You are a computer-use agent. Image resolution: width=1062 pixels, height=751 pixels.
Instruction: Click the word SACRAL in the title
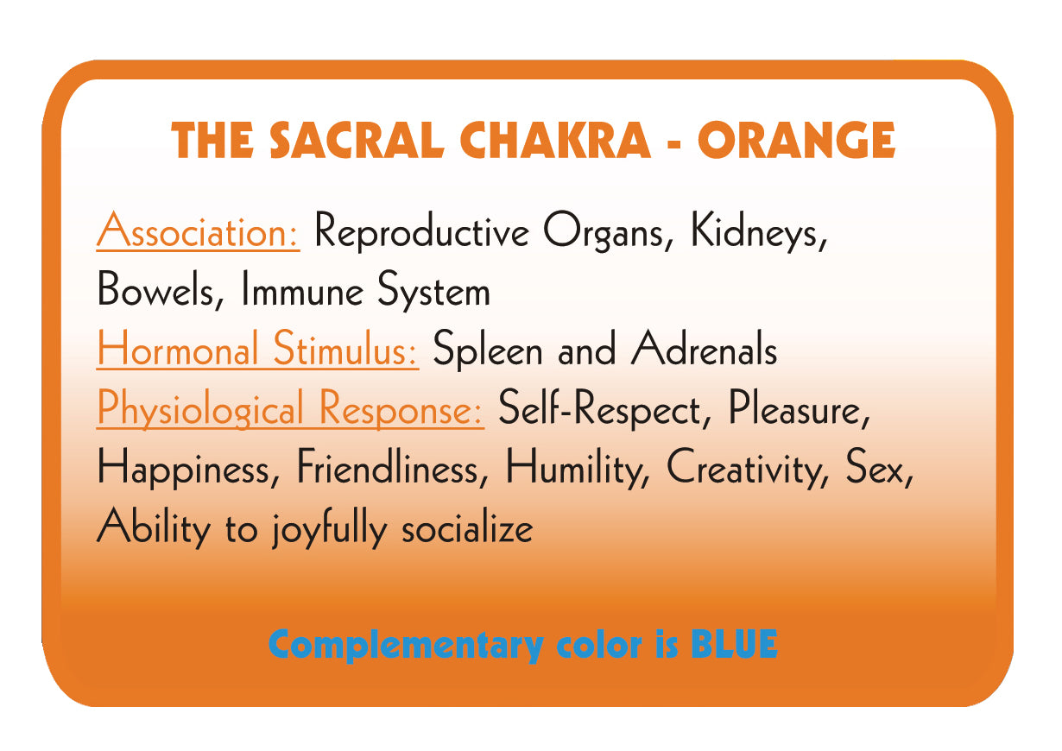[x=357, y=140]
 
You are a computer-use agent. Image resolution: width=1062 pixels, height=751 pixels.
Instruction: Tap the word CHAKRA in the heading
[x=554, y=140]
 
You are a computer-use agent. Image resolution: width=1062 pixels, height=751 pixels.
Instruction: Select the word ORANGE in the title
[x=796, y=140]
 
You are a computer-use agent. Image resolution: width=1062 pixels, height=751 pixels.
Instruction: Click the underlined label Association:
[x=198, y=230]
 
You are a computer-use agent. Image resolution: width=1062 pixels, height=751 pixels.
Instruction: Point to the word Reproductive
[x=422, y=231]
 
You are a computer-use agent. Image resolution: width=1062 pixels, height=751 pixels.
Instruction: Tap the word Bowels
[x=161, y=290]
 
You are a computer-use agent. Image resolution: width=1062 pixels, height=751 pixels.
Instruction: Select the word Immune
[x=302, y=289]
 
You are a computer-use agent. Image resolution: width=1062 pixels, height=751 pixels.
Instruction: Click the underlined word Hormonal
[x=178, y=349]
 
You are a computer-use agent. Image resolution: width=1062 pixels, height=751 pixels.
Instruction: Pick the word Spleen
[x=487, y=350]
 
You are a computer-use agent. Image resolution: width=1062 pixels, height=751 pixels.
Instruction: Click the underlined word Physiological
[x=200, y=408]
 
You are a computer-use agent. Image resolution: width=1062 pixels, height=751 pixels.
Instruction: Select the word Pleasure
[x=799, y=407]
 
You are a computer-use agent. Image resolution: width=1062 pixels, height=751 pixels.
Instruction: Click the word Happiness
[x=189, y=469]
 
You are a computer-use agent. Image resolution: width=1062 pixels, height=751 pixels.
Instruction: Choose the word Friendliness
[x=393, y=467]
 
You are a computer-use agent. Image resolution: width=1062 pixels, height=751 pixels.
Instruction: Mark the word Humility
[x=578, y=469]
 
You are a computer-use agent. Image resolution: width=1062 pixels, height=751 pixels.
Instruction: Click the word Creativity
[x=748, y=469]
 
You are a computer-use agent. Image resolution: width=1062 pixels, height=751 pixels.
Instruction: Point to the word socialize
[x=467, y=527]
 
